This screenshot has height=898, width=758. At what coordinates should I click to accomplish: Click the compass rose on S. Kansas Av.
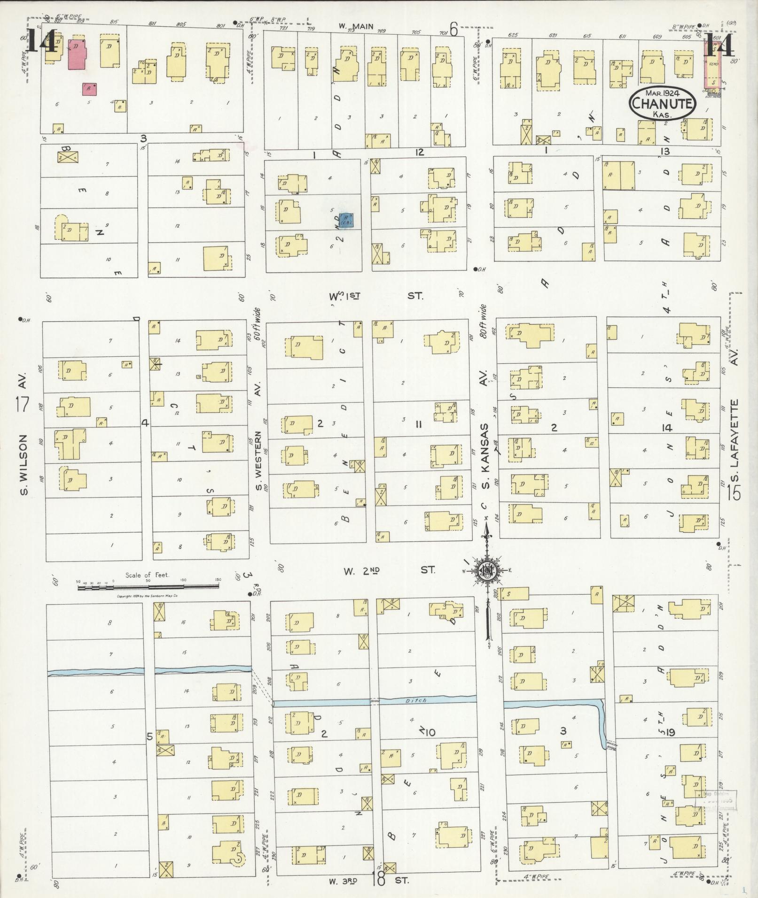click(x=487, y=570)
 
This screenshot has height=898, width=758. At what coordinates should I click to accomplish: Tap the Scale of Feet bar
click(x=148, y=586)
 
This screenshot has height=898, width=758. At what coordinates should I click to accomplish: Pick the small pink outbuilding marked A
click(x=89, y=89)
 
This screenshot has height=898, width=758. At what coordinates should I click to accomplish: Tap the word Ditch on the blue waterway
click(x=416, y=701)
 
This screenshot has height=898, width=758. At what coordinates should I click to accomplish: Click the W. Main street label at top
click(x=356, y=27)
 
